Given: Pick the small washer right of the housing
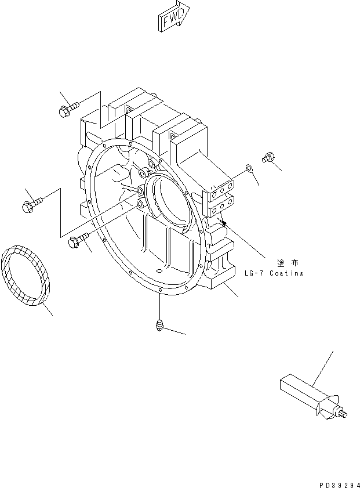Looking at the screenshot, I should (249, 168).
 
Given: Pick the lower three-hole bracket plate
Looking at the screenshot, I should (222, 206).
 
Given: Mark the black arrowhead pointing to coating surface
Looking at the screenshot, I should (224, 222).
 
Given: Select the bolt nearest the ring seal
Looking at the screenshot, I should (78, 240).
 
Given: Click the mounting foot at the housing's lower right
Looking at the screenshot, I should (219, 277).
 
